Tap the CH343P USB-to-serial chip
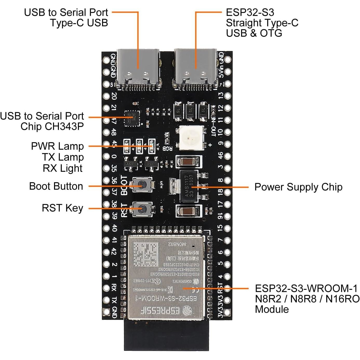pos(132,118)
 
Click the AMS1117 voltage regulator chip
pos(189,186)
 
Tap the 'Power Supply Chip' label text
pos(298,187)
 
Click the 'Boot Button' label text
pos(56,186)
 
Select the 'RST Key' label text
pos(62,208)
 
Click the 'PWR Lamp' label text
pos(57,146)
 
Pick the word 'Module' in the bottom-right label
pos(272,309)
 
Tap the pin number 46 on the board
pos(220,156)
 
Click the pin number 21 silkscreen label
pos(114,107)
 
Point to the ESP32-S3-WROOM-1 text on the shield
pos(166,299)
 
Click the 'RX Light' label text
pos(63,168)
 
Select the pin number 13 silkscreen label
pos(221,96)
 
